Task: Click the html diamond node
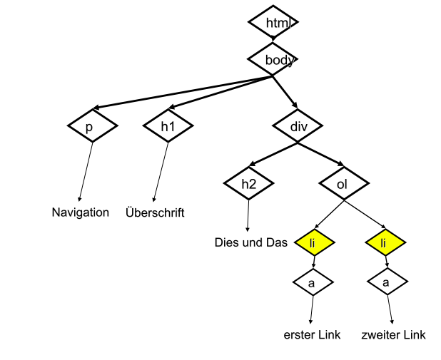tap(273, 23)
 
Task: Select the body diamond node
tap(273, 60)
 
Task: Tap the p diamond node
tap(93, 127)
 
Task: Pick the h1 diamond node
tap(168, 127)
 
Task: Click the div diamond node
tap(298, 126)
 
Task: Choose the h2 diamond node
tap(248, 185)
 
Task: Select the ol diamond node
tap(343, 185)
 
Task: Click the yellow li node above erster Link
tap(313, 243)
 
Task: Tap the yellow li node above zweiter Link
tap(385, 243)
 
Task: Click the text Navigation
tap(80, 212)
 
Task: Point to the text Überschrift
tap(155, 212)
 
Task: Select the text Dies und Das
tap(250, 242)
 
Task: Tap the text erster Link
tap(313, 335)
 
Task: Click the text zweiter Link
tap(393, 335)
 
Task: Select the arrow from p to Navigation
tap(86, 171)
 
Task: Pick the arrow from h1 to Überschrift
tap(161, 171)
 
